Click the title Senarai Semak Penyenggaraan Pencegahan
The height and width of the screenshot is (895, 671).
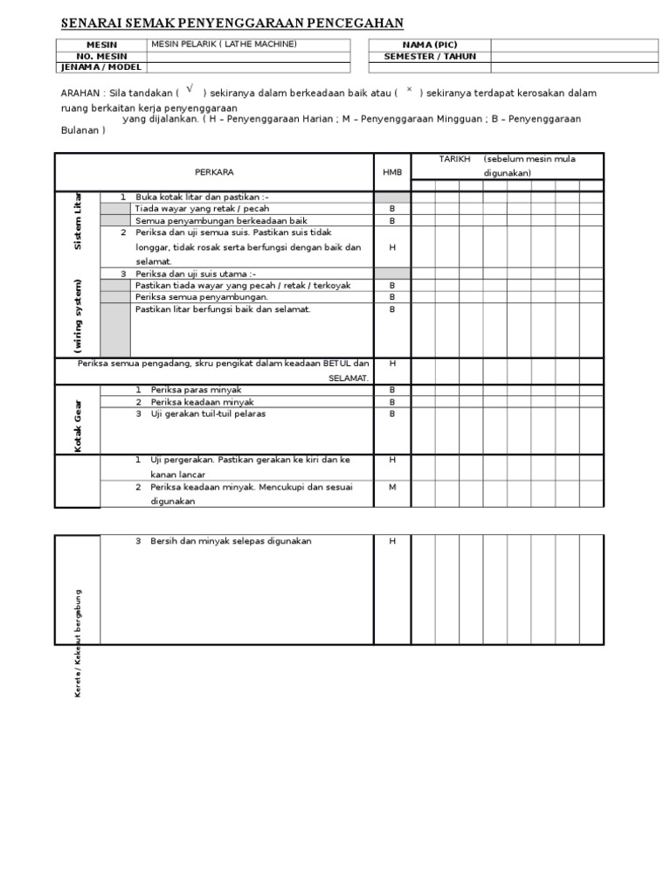pos(219,24)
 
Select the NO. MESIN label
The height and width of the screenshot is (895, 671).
pos(102,56)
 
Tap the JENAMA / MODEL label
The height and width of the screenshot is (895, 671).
pos(102,67)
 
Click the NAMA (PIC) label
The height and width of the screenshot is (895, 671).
pos(429,45)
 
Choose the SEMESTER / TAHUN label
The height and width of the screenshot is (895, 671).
pos(429,57)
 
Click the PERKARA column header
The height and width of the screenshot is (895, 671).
pos(214,172)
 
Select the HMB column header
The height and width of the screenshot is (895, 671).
pos(392,172)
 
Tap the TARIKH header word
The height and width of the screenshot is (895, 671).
pos(455,159)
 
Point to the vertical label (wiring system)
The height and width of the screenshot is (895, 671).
pos(78,316)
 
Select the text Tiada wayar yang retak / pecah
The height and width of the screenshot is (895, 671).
pos(202,209)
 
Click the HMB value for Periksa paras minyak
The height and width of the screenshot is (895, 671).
pos(392,389)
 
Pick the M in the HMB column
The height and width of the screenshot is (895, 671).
pos(392,487)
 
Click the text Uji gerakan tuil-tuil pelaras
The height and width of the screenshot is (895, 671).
pos(208,413)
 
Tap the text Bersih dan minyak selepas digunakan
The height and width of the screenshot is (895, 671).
pos(231,541)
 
